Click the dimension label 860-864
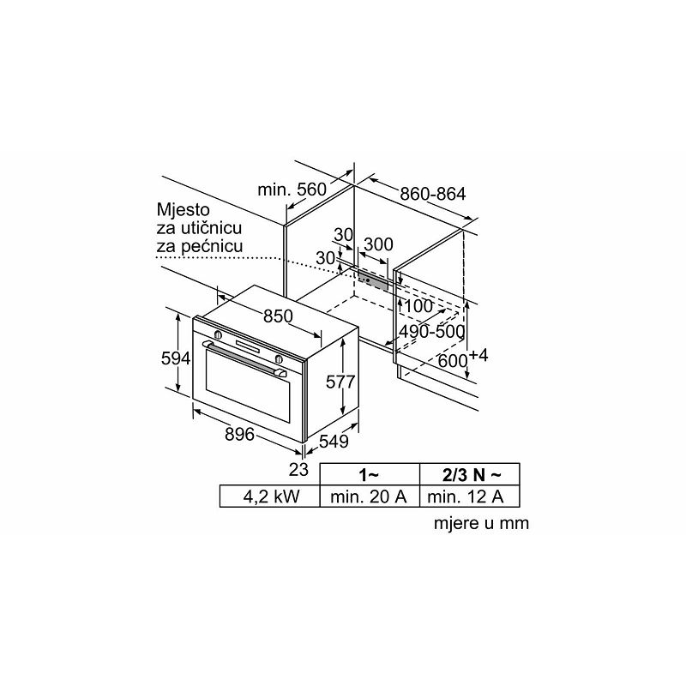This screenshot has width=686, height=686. [433, 194]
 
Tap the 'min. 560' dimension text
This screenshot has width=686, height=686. [292, 190]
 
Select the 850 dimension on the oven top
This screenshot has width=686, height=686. [278, 316]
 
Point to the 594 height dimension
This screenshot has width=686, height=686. [176, 358]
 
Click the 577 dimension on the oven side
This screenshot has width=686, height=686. [340, 382]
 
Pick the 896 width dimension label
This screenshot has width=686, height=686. [239, 434]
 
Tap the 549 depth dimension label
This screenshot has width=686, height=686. [334, 442]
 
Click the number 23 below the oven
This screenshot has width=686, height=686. [298, 469]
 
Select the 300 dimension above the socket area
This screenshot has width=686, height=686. [378, 244]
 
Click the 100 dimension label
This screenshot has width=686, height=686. [418, 306]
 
